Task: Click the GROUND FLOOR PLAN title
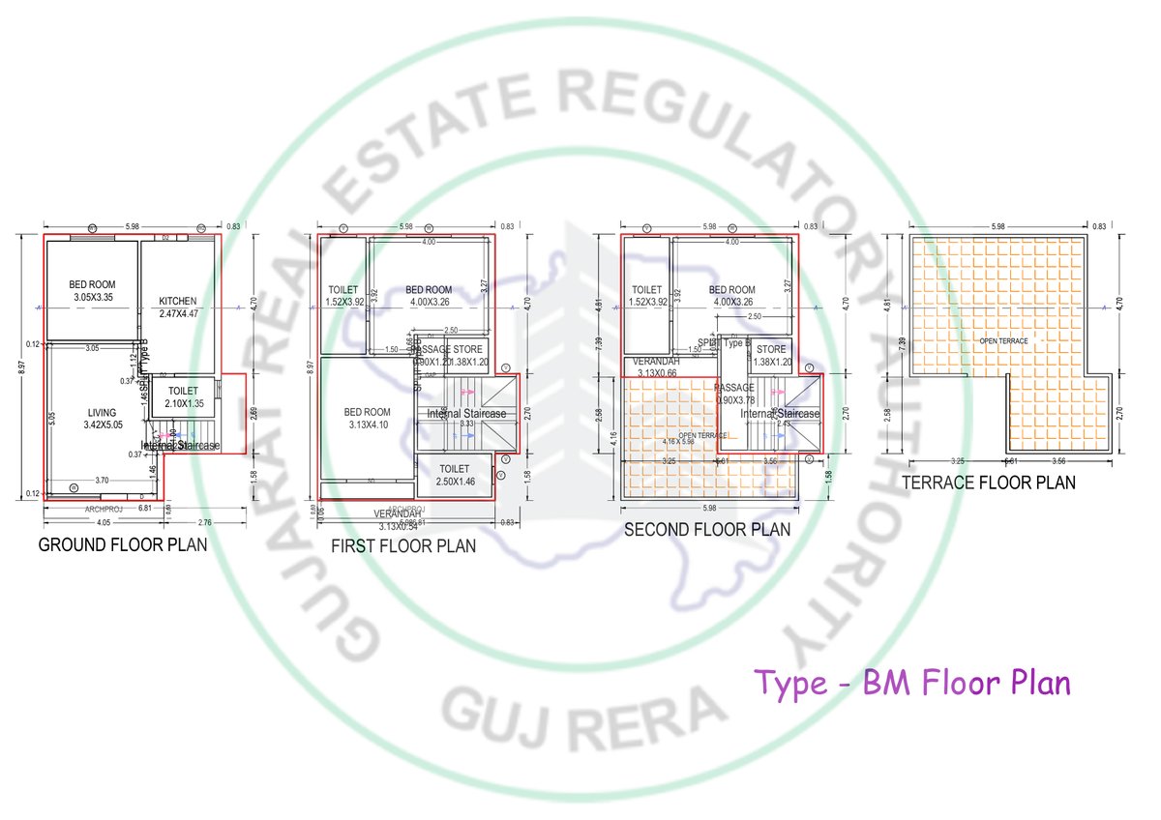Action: click(122, 544)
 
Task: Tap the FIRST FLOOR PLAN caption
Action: click(403, 545)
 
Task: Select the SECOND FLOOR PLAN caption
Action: click(706, 529)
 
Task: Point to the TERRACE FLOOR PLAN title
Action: click(988, 482)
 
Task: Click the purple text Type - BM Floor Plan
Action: click(912, 683)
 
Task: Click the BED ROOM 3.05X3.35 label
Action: click(93, 290)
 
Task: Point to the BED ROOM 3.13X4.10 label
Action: click(368, 419)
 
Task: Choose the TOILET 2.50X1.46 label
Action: click(454, 475)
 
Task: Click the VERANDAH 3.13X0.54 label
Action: click(396, 519)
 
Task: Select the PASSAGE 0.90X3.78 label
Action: click(735, 393)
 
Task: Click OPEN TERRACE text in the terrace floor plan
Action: click(1003, 341)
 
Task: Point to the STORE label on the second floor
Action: click(771, 355)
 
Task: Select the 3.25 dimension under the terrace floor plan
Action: click(958, 461)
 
